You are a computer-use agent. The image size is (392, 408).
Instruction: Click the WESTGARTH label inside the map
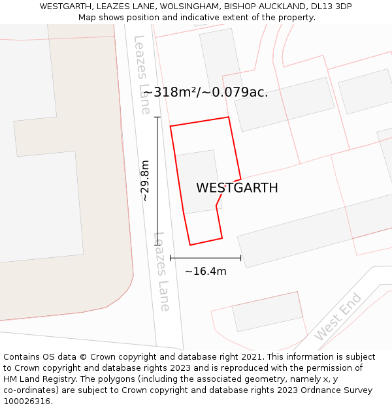(x=237, y=188)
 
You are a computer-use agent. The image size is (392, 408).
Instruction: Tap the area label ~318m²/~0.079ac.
(x=205, y=92)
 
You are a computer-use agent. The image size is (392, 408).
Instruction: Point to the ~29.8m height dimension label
(x=145, y=180)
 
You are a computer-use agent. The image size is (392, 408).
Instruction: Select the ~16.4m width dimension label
(x=205, y=271)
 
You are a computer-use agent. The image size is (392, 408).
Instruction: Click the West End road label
(x=337, y=317)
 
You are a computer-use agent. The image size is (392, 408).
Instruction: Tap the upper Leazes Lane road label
(x=142, y=65)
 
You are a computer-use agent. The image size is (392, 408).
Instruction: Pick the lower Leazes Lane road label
(x=162, y=271)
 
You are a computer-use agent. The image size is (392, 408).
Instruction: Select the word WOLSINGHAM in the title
(x=191, y=7)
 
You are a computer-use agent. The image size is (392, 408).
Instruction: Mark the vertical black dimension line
(x=157, y=181)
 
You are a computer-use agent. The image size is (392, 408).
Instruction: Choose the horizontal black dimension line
(x=205, y=258)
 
